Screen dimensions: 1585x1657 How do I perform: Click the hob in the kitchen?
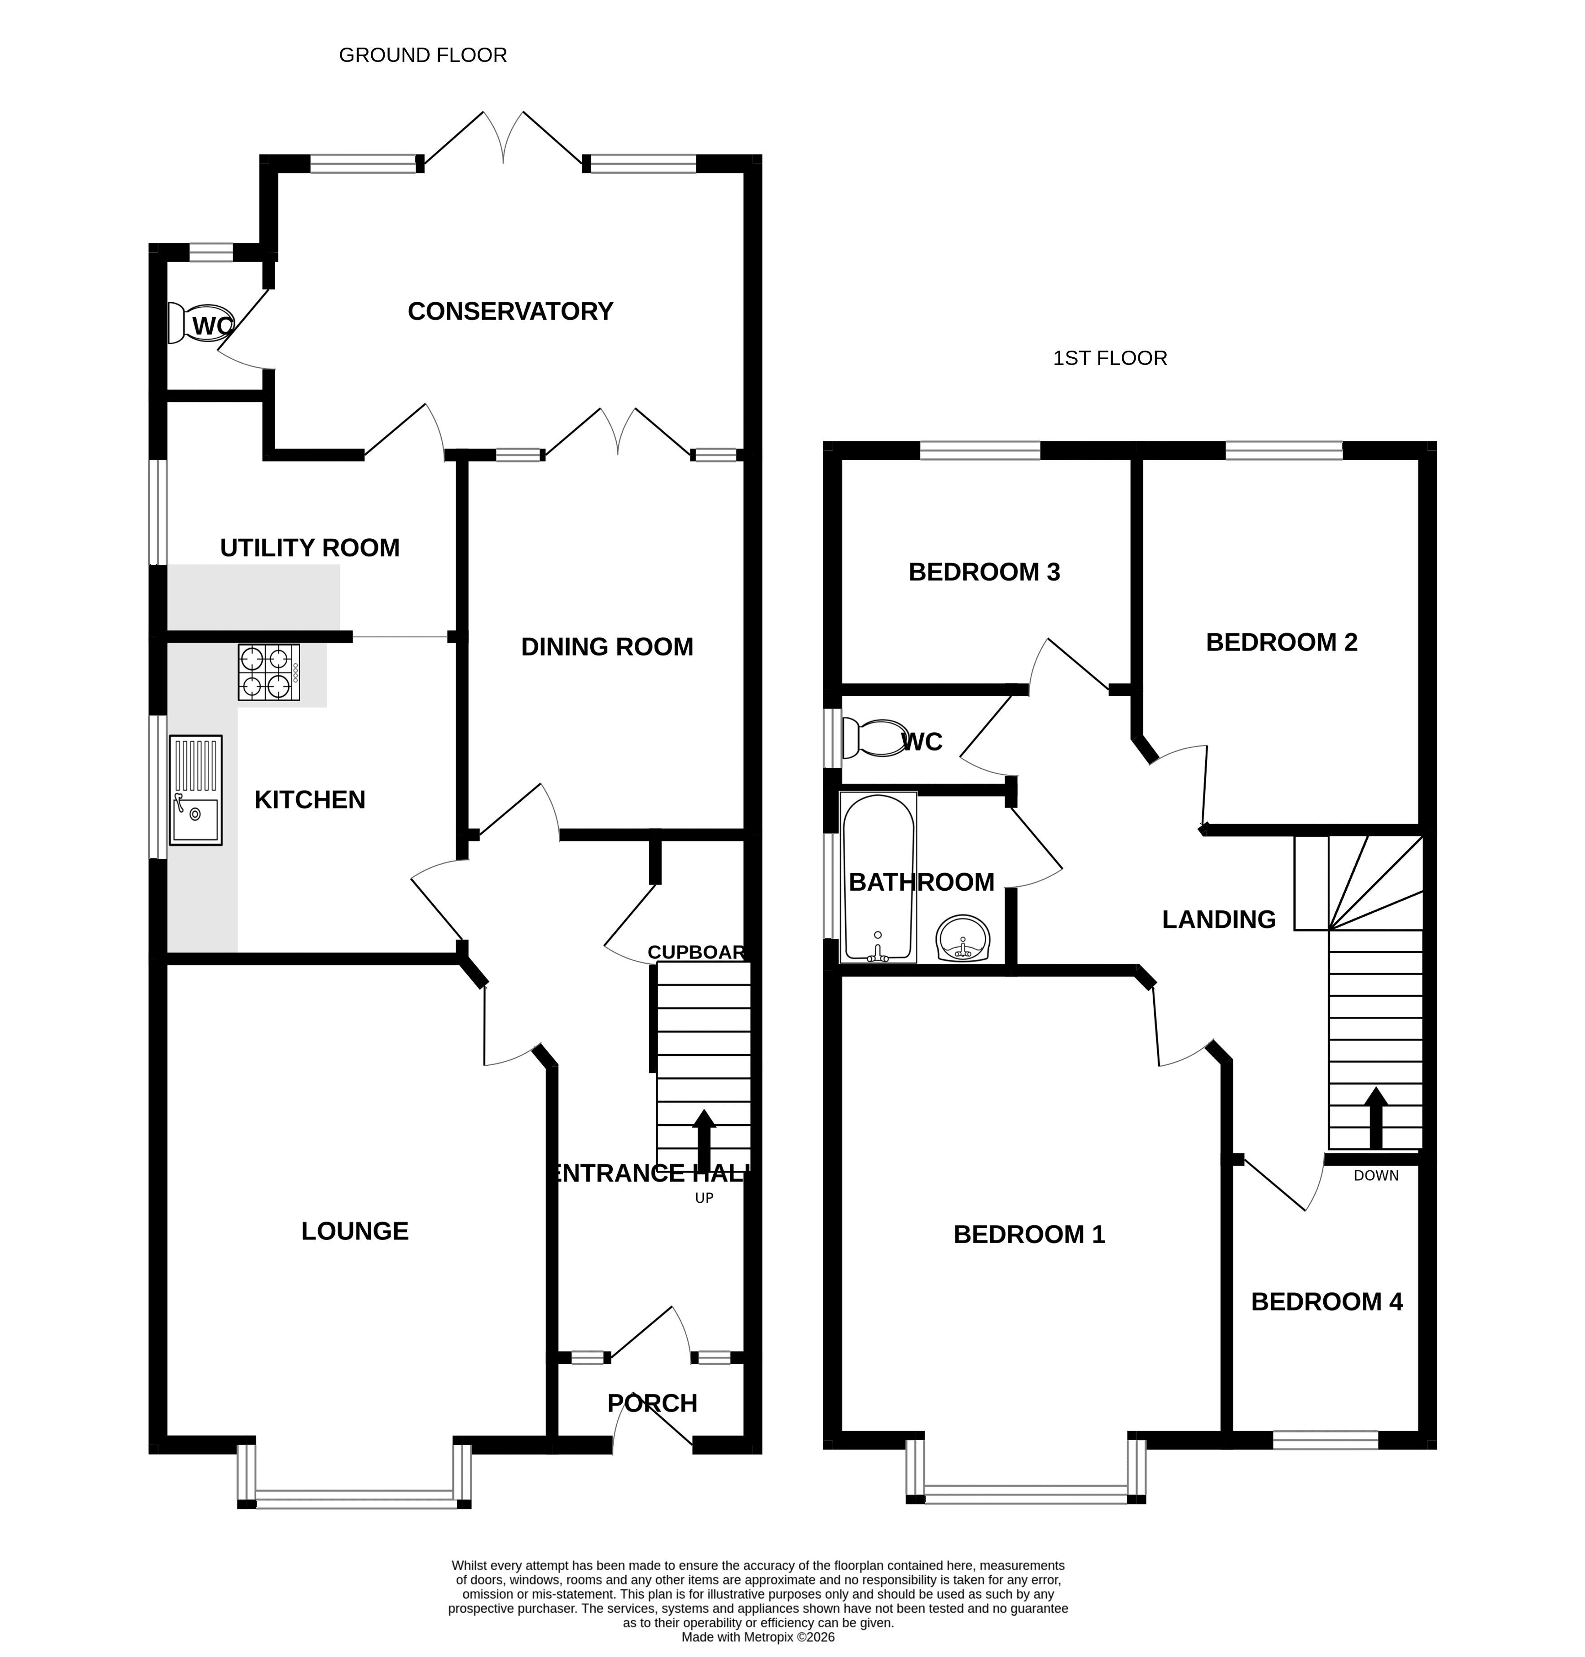[x=269, y=672]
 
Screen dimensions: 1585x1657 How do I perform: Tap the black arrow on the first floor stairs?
[x=1376, y=1117]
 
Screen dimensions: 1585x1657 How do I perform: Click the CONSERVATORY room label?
[x=510, y=312]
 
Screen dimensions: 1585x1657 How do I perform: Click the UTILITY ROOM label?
[x=310, y=549]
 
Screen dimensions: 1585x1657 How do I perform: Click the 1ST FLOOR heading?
[x=1110, y=358]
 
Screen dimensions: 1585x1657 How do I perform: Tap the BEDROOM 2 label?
[x=1282, y=643]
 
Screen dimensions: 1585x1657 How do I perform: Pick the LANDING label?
[x=1219, y=920]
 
